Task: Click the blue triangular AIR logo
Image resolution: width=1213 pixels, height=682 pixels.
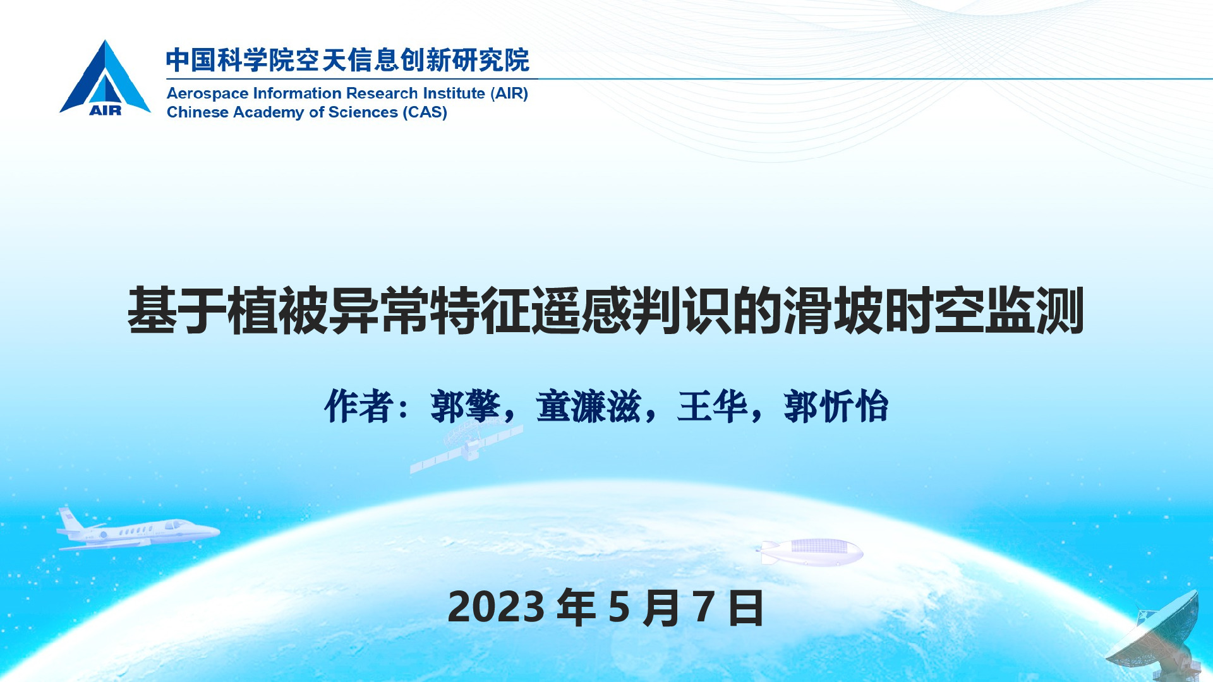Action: (105, 78)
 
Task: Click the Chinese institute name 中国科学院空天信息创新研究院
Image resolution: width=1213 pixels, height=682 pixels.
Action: (348, 61)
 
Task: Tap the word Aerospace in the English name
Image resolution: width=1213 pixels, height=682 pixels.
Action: (208, 94)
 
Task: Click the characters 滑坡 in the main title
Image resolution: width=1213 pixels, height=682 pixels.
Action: (833, 310)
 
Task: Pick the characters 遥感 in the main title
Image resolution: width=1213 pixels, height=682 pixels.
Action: (581, 310)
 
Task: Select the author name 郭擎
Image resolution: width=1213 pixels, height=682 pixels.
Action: (466, 406)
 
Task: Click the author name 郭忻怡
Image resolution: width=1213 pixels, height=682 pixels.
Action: (836, 406)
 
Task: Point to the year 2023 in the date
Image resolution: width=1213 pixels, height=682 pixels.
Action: (496, 607)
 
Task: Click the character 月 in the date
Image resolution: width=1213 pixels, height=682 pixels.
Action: (661, 607)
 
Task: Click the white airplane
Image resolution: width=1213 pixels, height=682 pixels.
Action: (138, 529)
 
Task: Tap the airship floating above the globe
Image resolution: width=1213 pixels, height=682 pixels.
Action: (811, 551)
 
